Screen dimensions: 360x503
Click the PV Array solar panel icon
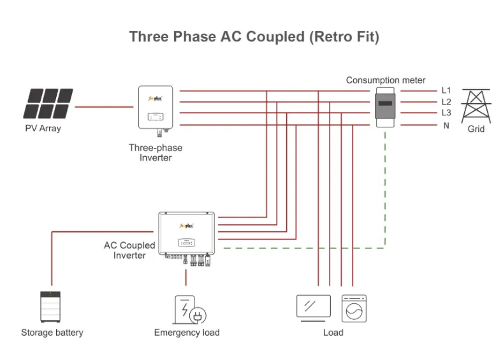pyautogui.click(x=48, y=104)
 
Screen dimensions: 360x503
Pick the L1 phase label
pyautogui.click(x=446, y=91)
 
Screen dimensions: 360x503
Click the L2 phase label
pyautogui.click(x=446, y=102)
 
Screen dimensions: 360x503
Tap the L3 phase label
pyautogui.click(x=446, y=113)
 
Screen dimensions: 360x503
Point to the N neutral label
pyautogui.click(x=446, y=125)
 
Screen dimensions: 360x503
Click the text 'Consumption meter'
pyautogui.click(x=386, y=80)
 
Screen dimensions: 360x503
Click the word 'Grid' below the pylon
pyautogui.click(x=476, y=129)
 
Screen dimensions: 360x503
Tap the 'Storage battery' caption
pyautogui.click(x=52, y=333)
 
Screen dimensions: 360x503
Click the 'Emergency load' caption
pyautogui.click(x=187, y=333)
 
